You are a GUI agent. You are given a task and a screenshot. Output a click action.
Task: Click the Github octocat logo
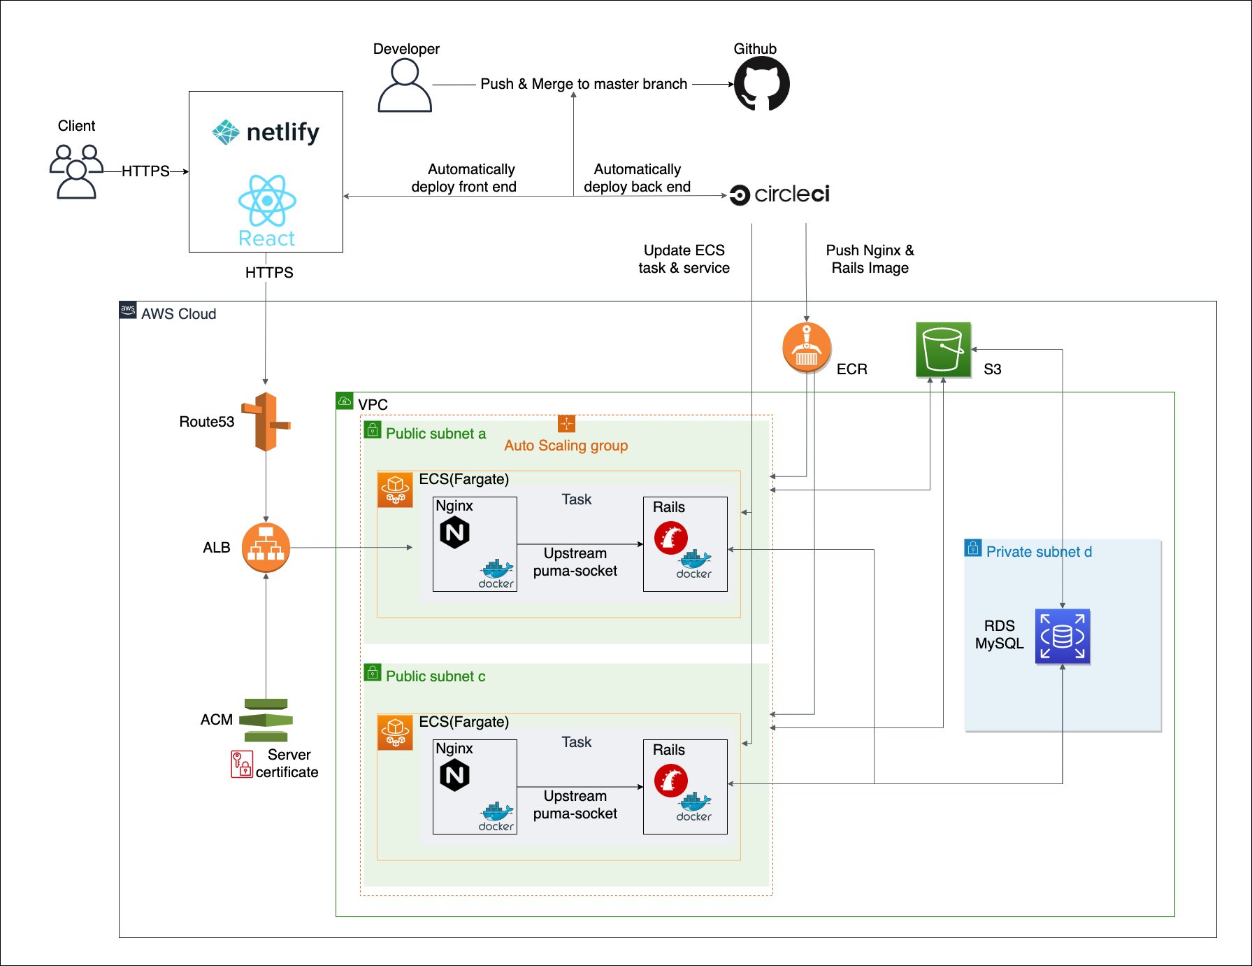point(761,84)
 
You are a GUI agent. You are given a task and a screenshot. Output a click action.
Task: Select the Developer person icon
point(405,85)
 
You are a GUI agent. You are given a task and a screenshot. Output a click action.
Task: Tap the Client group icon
point(76,171)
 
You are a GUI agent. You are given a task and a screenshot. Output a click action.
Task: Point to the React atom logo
point(267,201)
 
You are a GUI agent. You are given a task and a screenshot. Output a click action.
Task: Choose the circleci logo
point(779,194)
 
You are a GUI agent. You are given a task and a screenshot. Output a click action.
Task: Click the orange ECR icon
point(807,347)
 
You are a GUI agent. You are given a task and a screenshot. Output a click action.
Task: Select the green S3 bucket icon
point(943,350)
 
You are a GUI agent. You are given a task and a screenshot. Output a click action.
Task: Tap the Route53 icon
point(266,422)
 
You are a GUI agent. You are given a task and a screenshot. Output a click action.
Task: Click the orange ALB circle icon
point(266,547)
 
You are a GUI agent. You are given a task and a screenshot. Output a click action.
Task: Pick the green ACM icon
point(266,720)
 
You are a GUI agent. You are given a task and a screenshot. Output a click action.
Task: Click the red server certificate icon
point(242,764)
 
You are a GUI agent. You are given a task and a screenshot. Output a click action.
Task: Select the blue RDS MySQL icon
point(1062,637)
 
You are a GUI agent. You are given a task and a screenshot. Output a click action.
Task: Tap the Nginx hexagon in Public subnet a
point(454,532)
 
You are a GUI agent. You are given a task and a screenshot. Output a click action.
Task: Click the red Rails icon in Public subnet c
point(670,781)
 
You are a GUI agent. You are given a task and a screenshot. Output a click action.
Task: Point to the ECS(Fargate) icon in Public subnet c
point(395,732)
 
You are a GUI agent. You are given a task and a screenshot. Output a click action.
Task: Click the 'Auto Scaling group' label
point(566,446)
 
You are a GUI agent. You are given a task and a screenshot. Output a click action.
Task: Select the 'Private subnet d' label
point(1039,552)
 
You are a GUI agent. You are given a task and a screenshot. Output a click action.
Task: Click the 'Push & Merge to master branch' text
point(584,84)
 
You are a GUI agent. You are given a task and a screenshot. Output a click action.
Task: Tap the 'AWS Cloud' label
point(178,314)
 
